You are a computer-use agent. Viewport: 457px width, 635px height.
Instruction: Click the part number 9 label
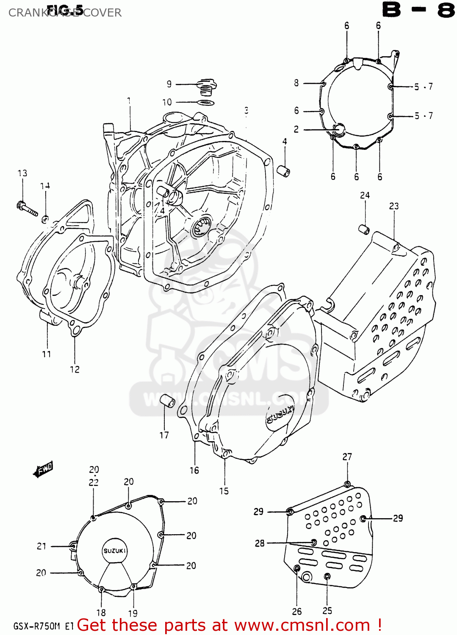169,84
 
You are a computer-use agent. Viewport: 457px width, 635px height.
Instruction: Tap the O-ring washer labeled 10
206,103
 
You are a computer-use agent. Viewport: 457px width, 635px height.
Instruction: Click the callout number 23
394,206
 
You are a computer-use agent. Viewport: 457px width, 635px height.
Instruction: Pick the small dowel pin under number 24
364,229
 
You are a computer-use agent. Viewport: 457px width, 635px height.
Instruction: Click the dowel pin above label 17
166,400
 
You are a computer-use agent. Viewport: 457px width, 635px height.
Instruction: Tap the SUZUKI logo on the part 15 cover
280,414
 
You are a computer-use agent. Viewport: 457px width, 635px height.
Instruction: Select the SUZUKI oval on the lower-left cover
115,551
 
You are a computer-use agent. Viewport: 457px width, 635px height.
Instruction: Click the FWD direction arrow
43,469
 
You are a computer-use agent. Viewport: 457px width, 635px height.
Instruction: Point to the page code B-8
418,10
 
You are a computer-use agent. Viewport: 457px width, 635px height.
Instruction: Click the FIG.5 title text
64,9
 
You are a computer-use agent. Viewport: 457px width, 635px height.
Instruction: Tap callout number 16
194,470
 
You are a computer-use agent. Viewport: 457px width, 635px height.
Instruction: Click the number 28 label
260,543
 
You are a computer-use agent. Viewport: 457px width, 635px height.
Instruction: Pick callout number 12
75,370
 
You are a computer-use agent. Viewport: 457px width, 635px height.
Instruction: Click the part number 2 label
296,129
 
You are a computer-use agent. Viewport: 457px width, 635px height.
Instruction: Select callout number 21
41,546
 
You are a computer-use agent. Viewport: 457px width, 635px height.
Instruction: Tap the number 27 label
347,457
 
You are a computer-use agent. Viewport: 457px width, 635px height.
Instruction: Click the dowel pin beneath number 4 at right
283,171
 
